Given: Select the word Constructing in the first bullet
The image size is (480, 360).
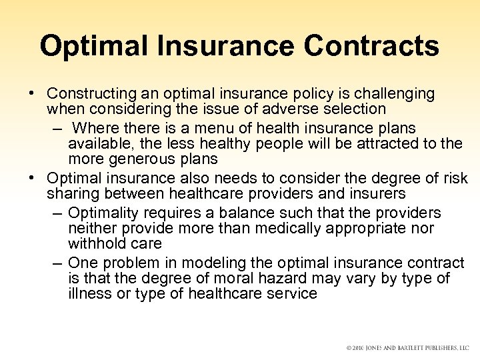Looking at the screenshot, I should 85,93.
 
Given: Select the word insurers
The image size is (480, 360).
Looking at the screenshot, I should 373,194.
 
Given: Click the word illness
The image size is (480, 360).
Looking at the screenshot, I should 87,293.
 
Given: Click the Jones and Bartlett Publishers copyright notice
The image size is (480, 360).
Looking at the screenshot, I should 409,347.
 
